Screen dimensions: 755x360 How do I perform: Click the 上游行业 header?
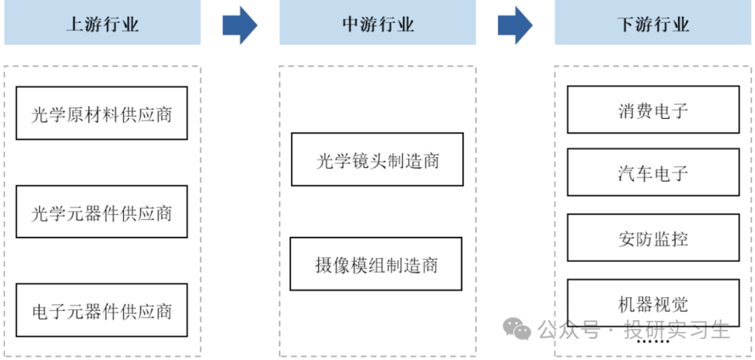(x=102, y=22)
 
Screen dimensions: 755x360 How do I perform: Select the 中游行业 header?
(x=377, y=22)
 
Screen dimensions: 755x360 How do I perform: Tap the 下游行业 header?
(x=653, y=22)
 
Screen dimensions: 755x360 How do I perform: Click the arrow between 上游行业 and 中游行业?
(x=240, y=25)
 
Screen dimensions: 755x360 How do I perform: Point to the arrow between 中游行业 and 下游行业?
(x=515, y=25)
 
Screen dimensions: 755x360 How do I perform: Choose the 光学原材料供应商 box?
(x=101, y=113)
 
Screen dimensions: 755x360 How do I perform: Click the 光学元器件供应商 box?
(x=101, y=212)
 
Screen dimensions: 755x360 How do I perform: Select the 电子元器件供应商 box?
(x=101, y=310)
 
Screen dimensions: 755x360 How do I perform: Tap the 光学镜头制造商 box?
(x=377, y=159)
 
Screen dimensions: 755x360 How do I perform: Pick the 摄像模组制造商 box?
(x=376, y=264)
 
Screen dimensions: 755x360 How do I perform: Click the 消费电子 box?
(x=654, y=109)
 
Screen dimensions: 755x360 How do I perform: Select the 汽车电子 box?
(x=654, y=172)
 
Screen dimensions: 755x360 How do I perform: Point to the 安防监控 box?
(x=654, y=238)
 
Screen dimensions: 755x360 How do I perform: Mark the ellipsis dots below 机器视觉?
(x=654, y=341)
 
